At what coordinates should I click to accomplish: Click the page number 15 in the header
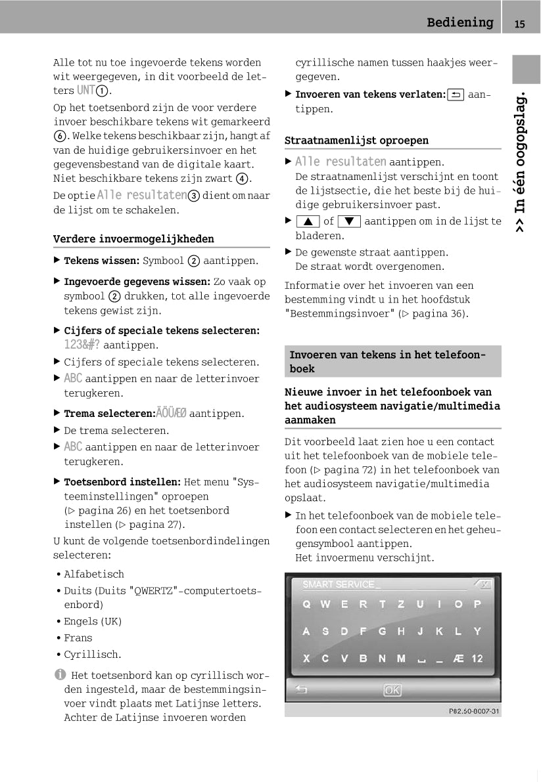(520, 24)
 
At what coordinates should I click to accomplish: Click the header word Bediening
(459, 23)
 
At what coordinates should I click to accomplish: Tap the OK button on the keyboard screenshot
(392, 690)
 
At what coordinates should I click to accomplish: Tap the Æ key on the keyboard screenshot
(458, 658)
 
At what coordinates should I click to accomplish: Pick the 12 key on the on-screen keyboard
(477, 658)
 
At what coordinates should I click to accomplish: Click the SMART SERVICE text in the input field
(339, 584)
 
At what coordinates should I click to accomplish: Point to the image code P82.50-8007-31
(474, 710)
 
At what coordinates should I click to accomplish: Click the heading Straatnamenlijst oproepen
(356, 141)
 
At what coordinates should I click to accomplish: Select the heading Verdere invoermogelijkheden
(133, 239)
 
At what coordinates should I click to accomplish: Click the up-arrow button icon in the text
(307, 222)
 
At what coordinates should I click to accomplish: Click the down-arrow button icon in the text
(348, 222)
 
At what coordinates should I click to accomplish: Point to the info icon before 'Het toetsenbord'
(60, 674)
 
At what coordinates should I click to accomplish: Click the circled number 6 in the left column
(59, 137)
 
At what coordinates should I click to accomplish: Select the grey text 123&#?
(82, 345)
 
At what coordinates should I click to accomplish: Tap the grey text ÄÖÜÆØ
(171, 414)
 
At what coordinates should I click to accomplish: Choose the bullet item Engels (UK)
(93, 621)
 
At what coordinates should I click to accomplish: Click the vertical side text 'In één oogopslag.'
(520, 161)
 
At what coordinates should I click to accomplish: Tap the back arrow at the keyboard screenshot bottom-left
(302, 689)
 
